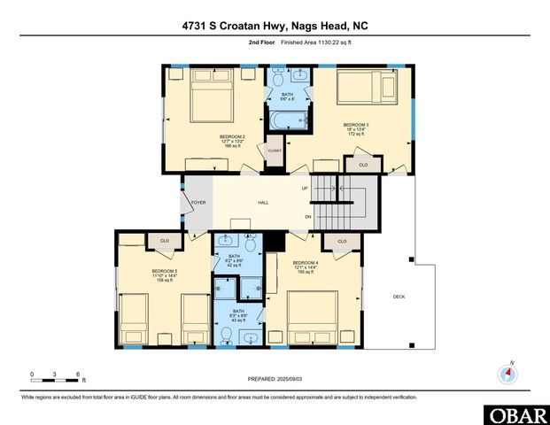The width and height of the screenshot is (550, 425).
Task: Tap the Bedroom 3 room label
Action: (x=356, y=123)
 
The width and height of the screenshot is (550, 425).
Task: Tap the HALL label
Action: (x=263, y=203)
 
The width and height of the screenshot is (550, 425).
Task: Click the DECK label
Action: (x=399, y=297)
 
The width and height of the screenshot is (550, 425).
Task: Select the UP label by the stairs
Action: (x=305, y=189)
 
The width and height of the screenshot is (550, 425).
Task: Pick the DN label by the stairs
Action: (x=307, y=217)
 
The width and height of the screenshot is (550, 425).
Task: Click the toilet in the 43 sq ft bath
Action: (x=227, y=334)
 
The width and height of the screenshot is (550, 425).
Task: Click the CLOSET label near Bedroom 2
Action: (x=275, y=151)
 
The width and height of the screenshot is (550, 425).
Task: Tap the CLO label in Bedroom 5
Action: (x=164, y=240)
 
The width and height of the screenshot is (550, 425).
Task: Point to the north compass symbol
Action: (x=508, y=373)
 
